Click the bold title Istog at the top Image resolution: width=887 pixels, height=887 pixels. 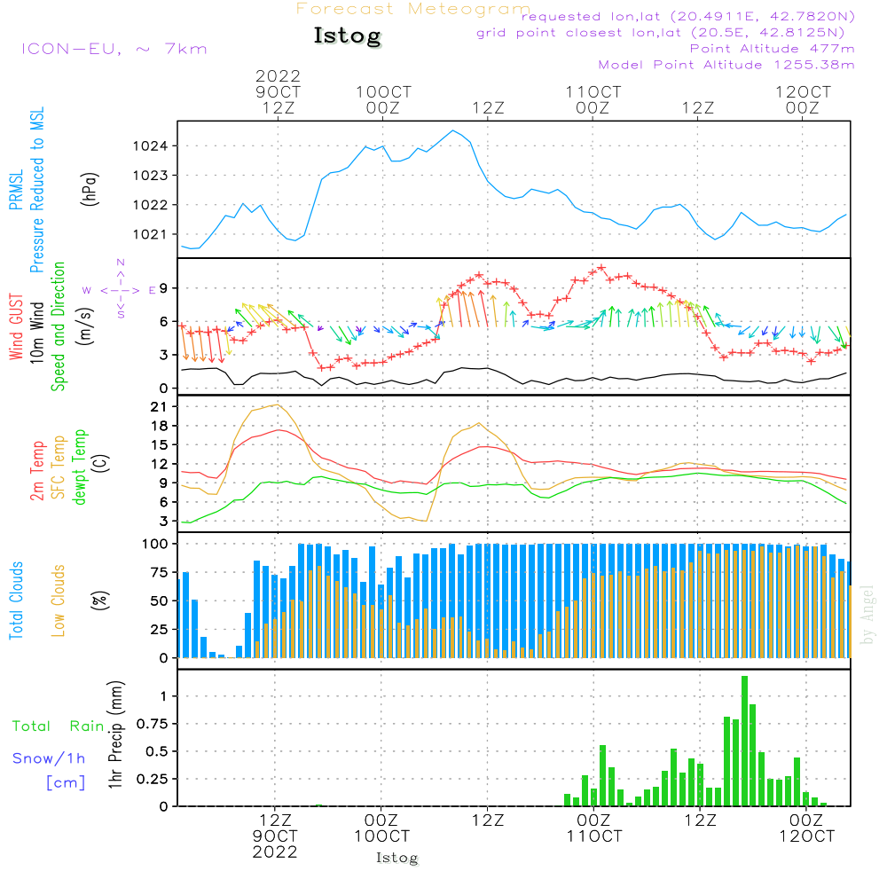pos(348,36)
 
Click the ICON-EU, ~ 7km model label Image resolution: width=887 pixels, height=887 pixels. pos(114,49)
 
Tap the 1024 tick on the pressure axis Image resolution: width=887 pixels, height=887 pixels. pos(150,146)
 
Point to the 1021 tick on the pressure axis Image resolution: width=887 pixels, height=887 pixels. pos(150,234)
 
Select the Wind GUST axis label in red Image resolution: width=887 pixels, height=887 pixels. pos(16,326)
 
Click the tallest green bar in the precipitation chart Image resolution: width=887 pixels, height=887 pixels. pos(744,741)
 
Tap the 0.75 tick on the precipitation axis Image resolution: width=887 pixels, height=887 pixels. pos(152,724)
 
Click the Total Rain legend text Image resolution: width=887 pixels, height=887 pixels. pos(58,726)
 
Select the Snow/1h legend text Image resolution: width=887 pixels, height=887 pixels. pos(49,758)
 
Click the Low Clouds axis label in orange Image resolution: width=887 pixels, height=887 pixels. pos(59,600)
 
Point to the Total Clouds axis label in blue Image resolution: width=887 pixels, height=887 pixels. pos(16,600)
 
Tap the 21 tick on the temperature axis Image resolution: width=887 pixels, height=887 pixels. pos(159,407)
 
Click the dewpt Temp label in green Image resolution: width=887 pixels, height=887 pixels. pos(79,467)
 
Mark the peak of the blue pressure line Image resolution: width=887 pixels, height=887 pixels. pos(452,130)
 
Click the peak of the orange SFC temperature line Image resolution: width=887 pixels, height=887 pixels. pos(276,404)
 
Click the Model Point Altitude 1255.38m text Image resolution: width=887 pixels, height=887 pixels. pos(726,65)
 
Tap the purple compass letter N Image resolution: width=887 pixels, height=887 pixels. pos(121,263)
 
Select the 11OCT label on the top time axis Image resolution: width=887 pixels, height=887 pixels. pos(593,91)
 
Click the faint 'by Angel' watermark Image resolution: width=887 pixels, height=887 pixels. pos(867,615)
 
